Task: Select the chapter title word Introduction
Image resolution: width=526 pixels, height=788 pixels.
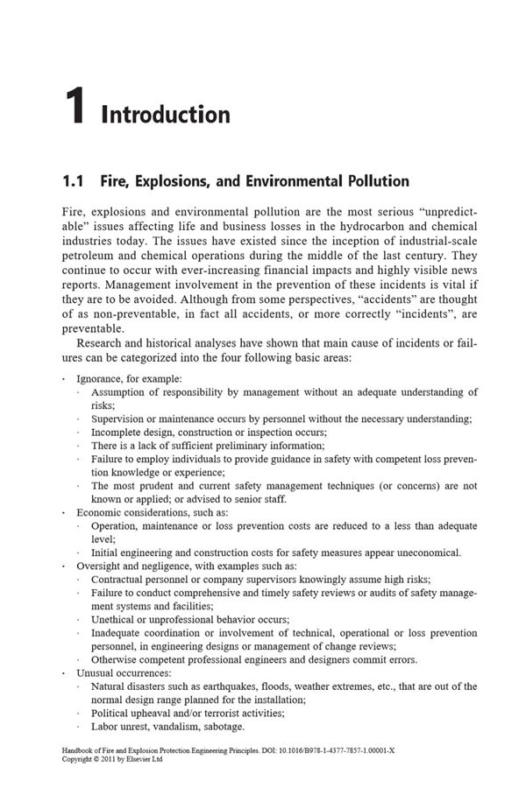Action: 166,115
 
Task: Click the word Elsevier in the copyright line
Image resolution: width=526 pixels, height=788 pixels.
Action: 144,760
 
